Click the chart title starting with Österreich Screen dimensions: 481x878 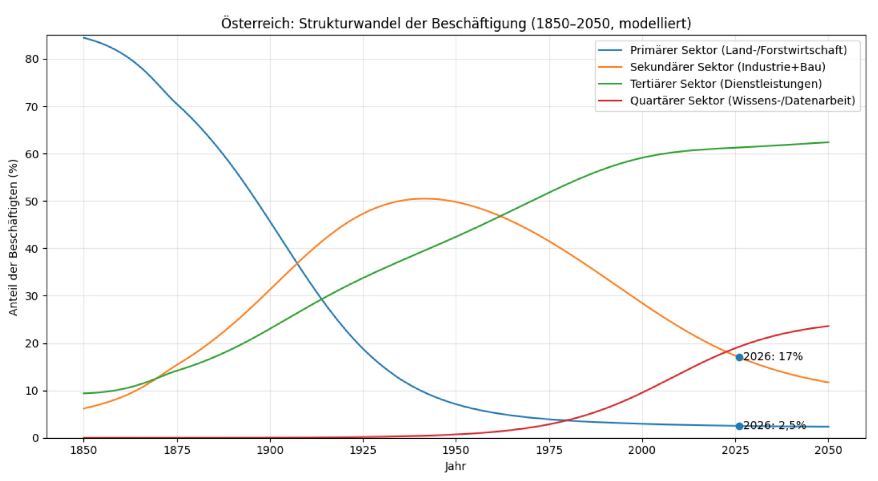(456, 23)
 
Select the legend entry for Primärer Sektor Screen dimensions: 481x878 (738, 50)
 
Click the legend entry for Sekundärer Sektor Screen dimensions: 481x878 (727, 67)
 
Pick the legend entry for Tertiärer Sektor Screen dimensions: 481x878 (725, 84)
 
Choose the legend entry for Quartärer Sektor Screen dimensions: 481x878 (742, 101)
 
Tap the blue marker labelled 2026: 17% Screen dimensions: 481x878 (739, 357)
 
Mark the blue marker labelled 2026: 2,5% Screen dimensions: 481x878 (739, 426)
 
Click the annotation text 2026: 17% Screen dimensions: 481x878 (773, 357)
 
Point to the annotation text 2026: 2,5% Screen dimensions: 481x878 (775, 425)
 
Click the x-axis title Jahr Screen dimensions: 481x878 (455, 467)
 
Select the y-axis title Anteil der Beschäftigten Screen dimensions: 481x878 (13, 237)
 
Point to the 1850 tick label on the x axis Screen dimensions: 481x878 (84, 450)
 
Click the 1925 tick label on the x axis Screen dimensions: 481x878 (363, 450)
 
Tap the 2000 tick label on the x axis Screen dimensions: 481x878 (642, 450)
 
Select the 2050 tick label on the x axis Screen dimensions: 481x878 (828, 450)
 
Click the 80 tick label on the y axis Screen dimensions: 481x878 (32, 59)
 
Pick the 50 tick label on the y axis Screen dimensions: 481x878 (32, 201)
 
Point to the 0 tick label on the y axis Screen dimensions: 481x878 (36, 438)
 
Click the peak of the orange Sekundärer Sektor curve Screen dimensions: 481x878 (423, 198)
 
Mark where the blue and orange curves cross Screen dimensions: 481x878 (298, 263)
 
